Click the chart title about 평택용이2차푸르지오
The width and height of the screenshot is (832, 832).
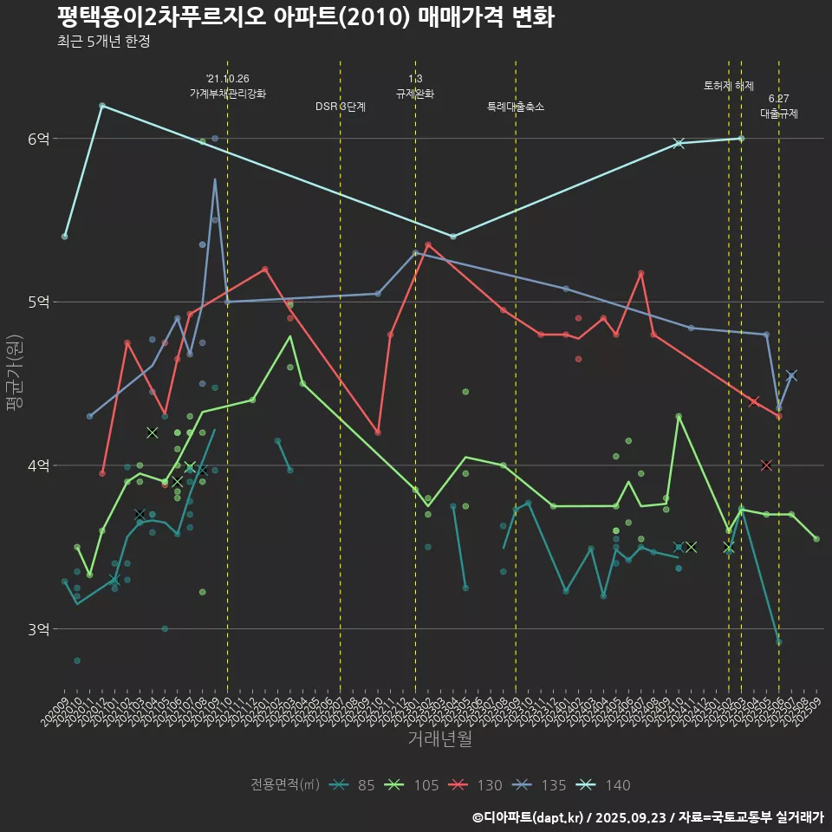pyautogui.click(x=305, y=16)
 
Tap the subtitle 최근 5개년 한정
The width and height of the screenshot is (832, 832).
pyautogui.click(x=104, y=42)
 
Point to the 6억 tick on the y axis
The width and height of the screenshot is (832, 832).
pyautogui.click(x=39, y=139)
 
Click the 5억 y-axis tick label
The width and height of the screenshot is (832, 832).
pyautogui.click(x=39, y=302)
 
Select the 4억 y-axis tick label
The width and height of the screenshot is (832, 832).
pyautogui.click(x=39, y=465)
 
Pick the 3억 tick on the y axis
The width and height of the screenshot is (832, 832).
pyautogui.click(x=39, y=629)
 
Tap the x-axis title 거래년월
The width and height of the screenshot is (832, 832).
pyautogui.click(x=440, y=738)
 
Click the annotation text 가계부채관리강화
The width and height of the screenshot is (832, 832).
pyautogui.click(x=228, y=93)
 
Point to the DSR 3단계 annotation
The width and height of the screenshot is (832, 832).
pyautogui.click(x=341, y=107)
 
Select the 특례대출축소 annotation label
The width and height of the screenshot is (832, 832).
pyautogui.click(x=516, y=107)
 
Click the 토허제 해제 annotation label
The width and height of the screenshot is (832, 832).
pyautogui.click(x=729, y=86)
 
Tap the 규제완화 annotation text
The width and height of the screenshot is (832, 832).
pyautogui.click(x=415, y=93)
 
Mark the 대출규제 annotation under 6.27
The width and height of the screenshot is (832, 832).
pyautogui.click(x=779, y=113)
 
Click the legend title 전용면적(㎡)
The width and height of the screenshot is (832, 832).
pyautogui.click(x=285, y=785)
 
